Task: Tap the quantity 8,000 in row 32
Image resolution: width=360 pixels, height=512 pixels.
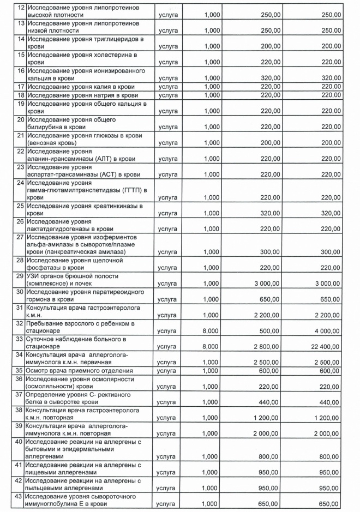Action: click(x=212, y=329)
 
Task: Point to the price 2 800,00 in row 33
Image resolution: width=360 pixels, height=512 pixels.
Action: click(x=266, y=344)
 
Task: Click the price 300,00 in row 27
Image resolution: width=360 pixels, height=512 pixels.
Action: click(x=270, y=252)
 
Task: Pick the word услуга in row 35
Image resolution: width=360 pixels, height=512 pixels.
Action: click(x=168, y=370)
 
